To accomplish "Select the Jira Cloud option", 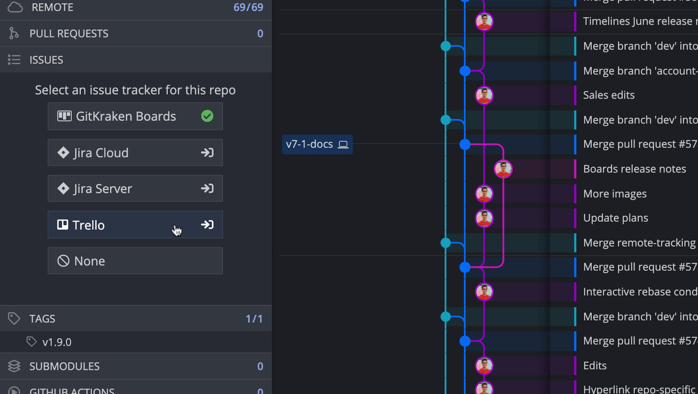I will pos(135,152).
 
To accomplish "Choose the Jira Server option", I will pos(135,188).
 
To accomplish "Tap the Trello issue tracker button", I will pos(135,225).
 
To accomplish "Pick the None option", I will pos(135,261).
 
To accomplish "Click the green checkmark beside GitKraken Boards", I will pos(207,116).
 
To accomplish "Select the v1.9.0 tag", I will pos(57,342).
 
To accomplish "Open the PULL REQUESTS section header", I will pos(69,34).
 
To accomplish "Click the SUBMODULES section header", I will pos(65,366).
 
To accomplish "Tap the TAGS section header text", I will pos(42,318).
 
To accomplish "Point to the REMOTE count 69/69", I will pos(248,7).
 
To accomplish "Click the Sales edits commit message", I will pos(609,95).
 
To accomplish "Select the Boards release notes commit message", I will pos(634,169).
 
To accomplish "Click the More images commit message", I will pos(615,194).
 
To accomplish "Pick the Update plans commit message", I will pos(616,218).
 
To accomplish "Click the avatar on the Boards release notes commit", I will pos(503,169).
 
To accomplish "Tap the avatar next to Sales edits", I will pos(484,95).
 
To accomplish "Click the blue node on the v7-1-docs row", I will pos(465,144).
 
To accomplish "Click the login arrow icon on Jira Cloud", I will pos(207,152).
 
